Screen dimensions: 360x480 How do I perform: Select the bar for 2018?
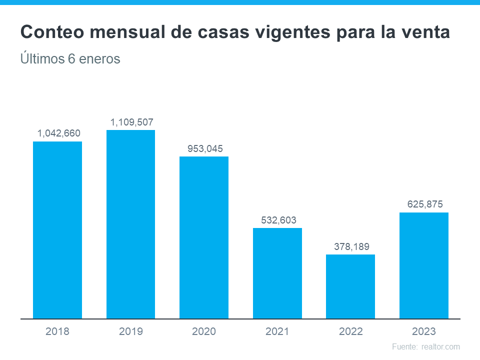click(57, 230)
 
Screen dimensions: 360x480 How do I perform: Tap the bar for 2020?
click(204, 237)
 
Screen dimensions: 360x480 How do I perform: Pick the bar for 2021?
click(277, 273)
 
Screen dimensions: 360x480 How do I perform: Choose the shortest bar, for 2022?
click(350, 286)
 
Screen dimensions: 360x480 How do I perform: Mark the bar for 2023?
click(424, 265)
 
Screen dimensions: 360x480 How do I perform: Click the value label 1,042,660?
click(59, 133)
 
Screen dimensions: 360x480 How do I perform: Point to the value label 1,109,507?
click(132, 122)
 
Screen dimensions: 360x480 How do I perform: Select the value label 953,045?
click(205, 148)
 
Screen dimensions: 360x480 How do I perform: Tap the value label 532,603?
click(278, 220)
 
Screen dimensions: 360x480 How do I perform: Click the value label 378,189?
click(351, 246)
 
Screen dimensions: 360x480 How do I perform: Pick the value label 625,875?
click(424, 204)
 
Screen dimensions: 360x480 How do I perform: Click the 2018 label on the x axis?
click(57, 331)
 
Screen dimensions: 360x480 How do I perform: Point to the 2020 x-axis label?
click(204, 331)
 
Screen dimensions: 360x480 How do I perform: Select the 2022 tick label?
click(350, 331)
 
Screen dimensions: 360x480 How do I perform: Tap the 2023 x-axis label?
click(424, 331)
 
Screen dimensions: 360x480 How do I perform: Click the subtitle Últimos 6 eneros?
click(70, 59)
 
